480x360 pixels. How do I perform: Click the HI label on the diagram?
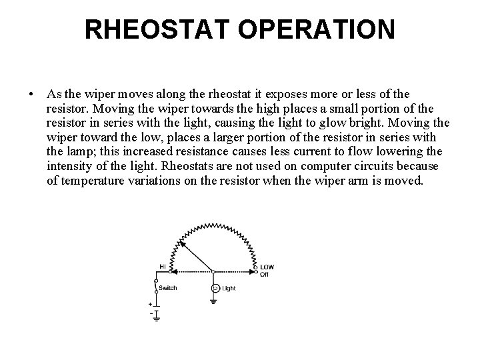pos(162,267)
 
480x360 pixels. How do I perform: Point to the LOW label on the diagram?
pos(267,267)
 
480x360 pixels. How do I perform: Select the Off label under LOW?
pos(264,274)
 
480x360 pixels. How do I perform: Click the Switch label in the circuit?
pos(167,289)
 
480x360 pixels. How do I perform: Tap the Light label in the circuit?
pos(229,289)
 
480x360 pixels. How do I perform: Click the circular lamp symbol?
pos(215,289)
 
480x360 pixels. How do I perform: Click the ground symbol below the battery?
pos(156,319)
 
